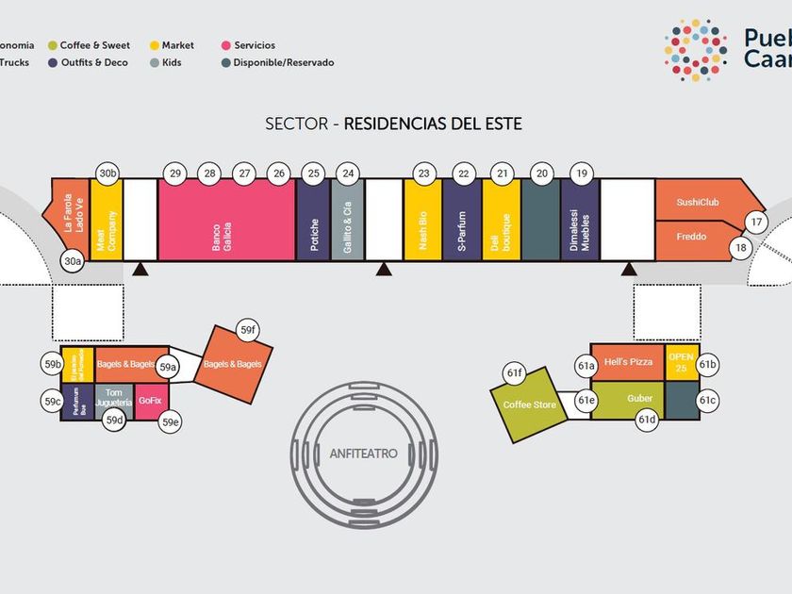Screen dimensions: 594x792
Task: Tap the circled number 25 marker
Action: (x=314, y=173)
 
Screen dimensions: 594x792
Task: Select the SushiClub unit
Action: (x=698, y=201)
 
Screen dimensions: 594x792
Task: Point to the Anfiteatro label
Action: (x=364, y=454)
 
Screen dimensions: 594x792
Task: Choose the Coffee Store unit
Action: (x=529, y=404)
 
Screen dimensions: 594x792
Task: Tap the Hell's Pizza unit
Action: (x=628, y=362)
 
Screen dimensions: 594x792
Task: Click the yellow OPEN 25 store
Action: (x=682, y=362)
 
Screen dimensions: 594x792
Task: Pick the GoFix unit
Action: (x=150, y=400)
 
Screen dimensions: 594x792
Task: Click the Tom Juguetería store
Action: (x=113, y=399)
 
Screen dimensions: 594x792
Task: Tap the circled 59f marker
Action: (x=248, y=330)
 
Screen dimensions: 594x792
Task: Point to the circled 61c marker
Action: (x=708, y=401)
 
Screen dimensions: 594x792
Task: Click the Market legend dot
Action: (x=154, y=45)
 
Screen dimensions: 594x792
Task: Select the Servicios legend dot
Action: (x=226, y=45)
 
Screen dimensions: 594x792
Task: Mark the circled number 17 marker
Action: (x=757, y=223)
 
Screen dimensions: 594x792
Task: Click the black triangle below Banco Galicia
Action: (x=140, y=271)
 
